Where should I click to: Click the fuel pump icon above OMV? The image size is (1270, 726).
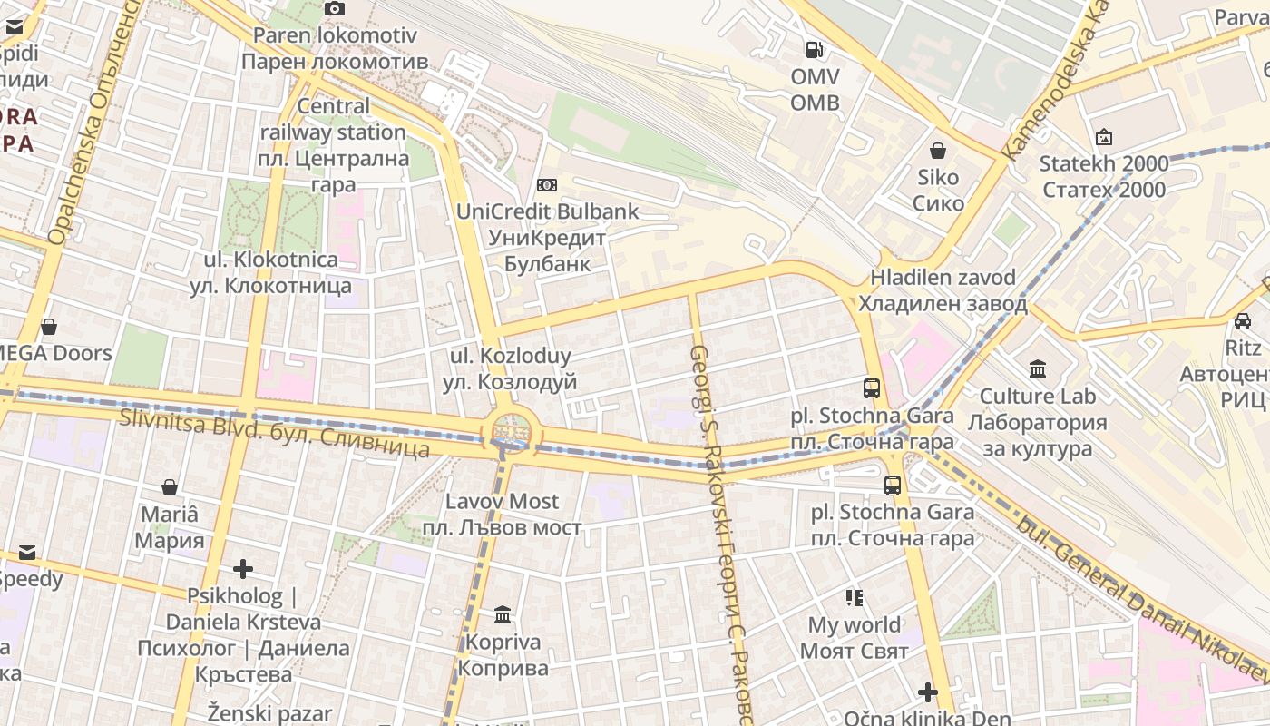(x=815, y=50)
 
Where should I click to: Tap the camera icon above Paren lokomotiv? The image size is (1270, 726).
(x=335, y=9)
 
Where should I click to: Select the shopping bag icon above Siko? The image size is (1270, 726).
(x=938, y=151)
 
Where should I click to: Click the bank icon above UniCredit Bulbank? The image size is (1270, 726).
(x=547, y=185)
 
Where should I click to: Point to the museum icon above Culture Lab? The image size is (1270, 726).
(x=1038, y=369)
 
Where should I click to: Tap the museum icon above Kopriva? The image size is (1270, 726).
(x=503, y=616)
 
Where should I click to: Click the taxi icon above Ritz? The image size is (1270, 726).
(x=1243, y=321)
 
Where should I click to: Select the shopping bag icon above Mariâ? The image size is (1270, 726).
(x=169, y=488)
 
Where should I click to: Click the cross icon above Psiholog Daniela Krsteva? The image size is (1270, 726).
(x=243, y=570)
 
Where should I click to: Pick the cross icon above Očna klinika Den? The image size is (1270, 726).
(x=927, y=693)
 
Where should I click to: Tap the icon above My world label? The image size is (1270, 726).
(x=854, y=598)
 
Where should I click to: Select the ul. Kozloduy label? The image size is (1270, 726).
(x=509, y=368)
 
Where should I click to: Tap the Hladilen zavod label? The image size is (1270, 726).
(x=943, y=290)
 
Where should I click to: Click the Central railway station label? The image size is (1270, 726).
(x=333, y=145)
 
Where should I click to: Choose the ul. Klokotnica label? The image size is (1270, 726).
(x=270, y=272)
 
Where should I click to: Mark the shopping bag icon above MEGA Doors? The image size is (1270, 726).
(x=49, y=327)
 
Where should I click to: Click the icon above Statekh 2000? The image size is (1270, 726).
(x=1104, y=138)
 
